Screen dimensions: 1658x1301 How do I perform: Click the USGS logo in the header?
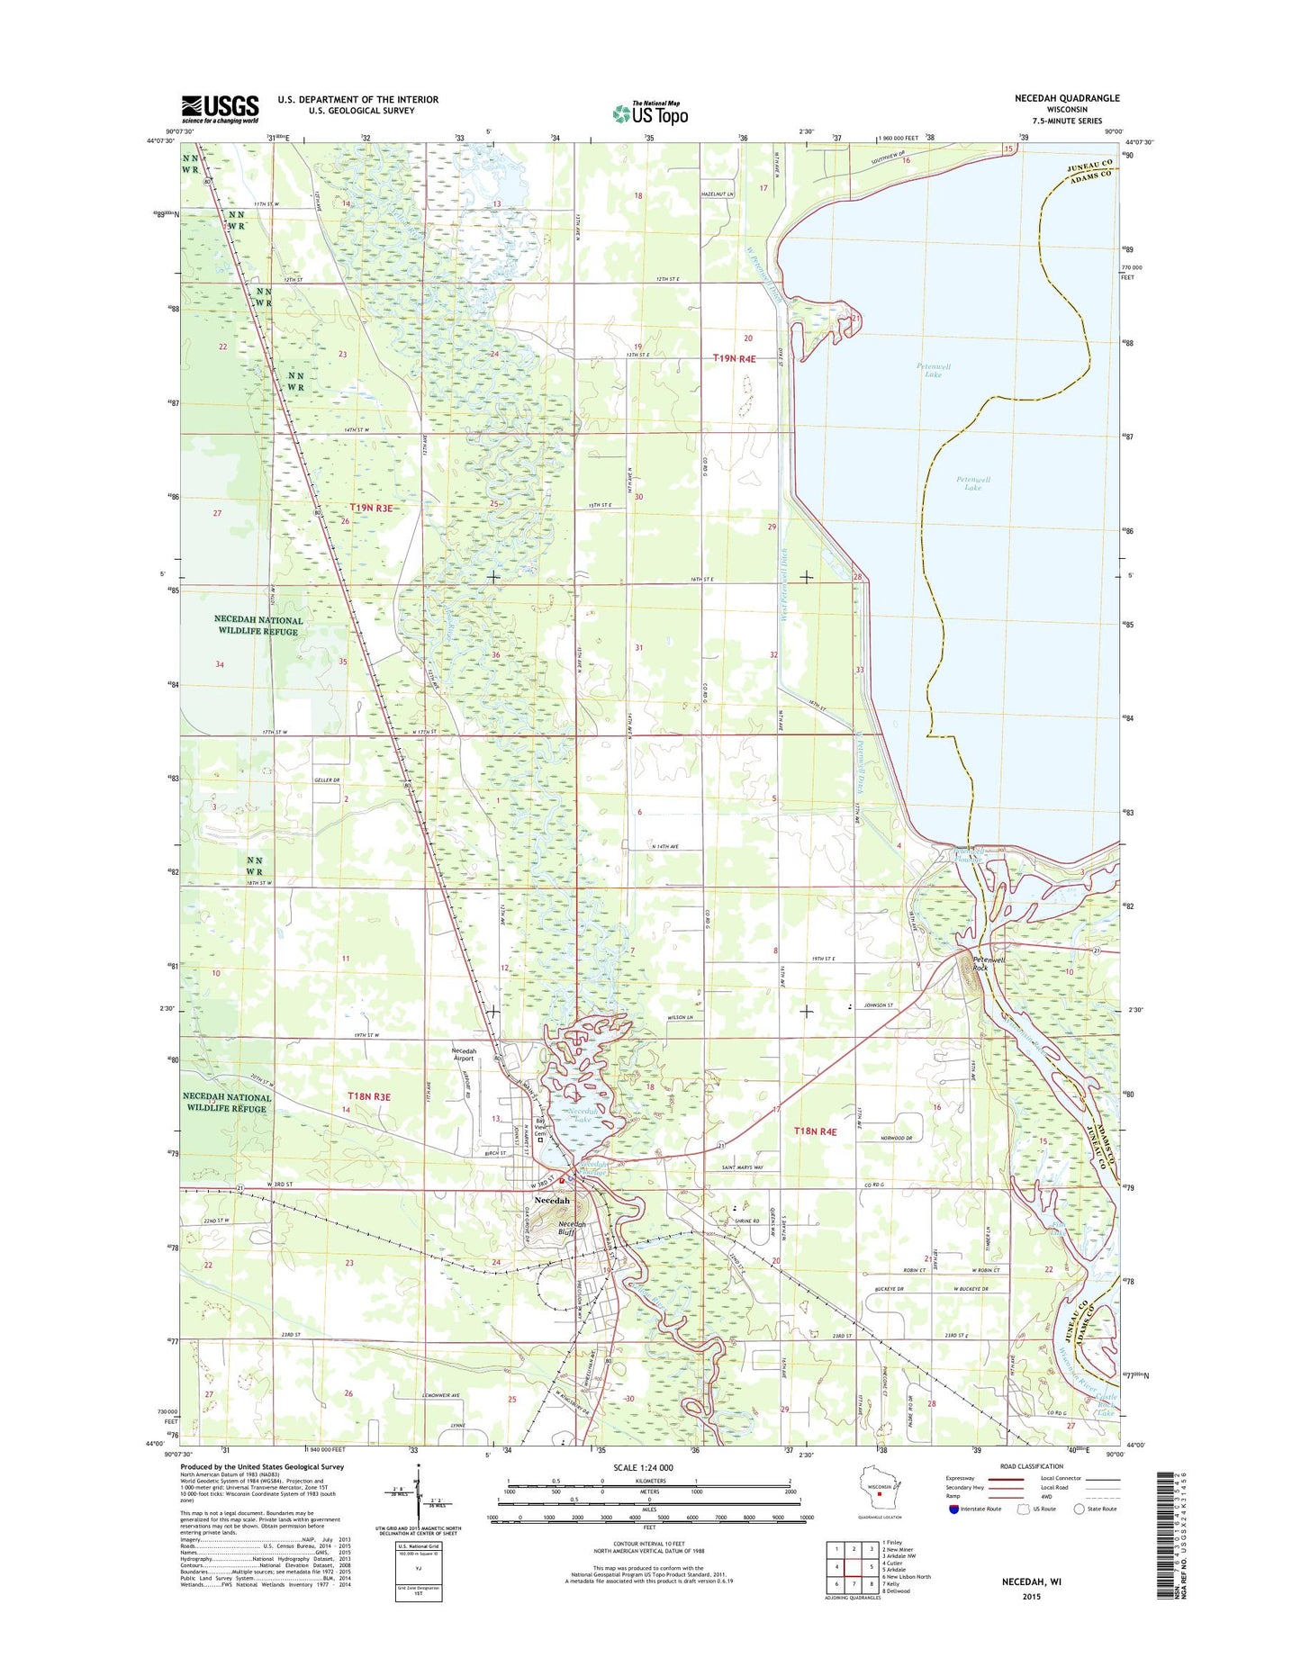[x=220, y=109]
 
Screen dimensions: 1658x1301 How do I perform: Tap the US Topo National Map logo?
[x=650, y=113]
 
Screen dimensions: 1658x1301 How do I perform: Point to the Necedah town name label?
[x=551, y=1201]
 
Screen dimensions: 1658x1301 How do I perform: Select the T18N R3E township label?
[x=369, y=1096]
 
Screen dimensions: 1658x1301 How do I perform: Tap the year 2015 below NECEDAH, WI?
[x=1031, y=1597]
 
